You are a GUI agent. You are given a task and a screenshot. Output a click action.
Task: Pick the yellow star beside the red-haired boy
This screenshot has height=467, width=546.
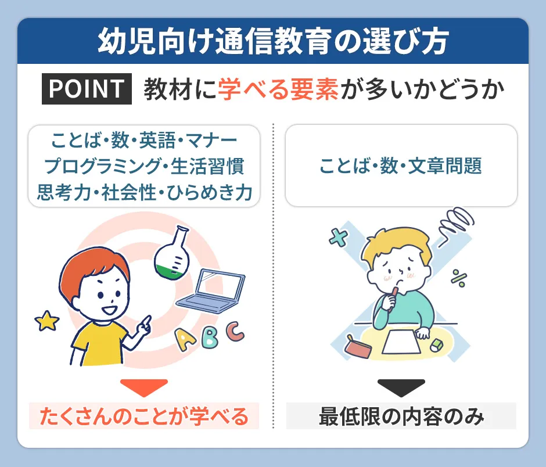click(x=46, y=321)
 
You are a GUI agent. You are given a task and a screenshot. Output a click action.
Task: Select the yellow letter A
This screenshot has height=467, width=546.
click(x=185, y=339)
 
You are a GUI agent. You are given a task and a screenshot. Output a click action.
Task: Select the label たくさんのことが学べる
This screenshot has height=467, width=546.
click(x=143, y=416)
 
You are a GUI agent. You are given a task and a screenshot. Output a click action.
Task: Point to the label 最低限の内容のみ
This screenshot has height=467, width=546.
click(x=401, y=416)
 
